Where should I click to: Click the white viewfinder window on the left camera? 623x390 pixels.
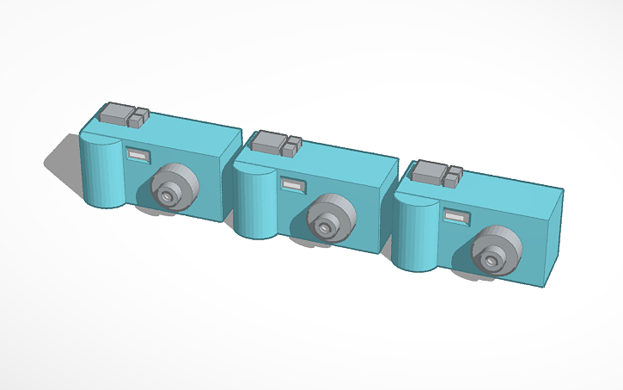point(137,155)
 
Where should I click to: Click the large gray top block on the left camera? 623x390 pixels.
point(114,114)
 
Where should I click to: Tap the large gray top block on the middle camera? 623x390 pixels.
point(270,141)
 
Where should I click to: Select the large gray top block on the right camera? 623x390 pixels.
point(428,171)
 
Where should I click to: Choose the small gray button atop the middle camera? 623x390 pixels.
point(291,146)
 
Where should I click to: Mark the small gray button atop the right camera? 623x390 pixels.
point(451,176)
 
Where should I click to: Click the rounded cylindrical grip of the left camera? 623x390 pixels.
point(101,173)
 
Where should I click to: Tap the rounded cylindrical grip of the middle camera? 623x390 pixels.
point(254,204)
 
